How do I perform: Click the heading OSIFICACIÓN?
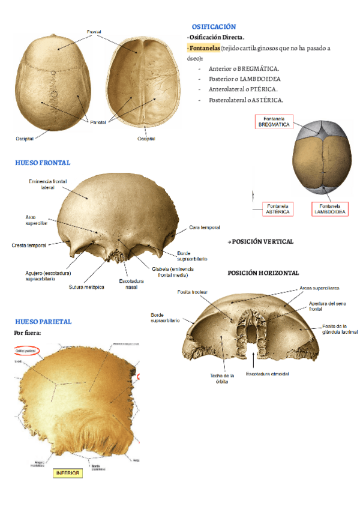(214, 27)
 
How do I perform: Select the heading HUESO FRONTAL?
(43, 163)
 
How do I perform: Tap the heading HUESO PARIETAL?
(43, 322)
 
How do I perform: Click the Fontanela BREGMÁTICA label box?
(274, 121)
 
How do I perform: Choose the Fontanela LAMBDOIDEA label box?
(330, 208)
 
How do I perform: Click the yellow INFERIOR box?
(67, 472)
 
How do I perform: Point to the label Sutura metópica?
(86, 287)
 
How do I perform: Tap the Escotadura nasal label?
(131, 284)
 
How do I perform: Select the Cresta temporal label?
(28, 245)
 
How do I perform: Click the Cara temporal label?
(204, 227)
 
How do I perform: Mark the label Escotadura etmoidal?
(267, 374)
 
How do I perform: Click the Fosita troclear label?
(193, 292)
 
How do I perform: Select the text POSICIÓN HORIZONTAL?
(263, 273)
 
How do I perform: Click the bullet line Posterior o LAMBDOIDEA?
(245, 79)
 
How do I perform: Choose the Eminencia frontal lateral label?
(47, 184)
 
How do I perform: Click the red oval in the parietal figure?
(26, 351)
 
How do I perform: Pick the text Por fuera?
(27, 333)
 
